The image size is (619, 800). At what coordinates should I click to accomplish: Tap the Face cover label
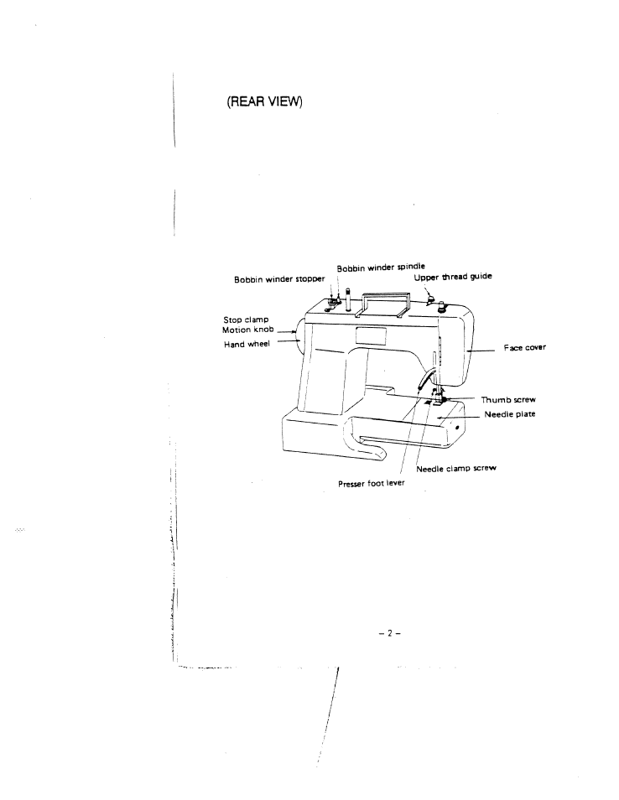[x=525, y=347]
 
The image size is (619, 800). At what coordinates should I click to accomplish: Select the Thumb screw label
[x=507, y=400]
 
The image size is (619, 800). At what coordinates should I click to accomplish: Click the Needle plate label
[x=510, y=414]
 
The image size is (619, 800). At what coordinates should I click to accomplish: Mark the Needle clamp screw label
[x=456, y=468]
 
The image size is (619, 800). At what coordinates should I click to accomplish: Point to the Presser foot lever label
[x=372, y=484]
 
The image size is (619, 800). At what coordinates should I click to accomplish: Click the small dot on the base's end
[x=458, y=427]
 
